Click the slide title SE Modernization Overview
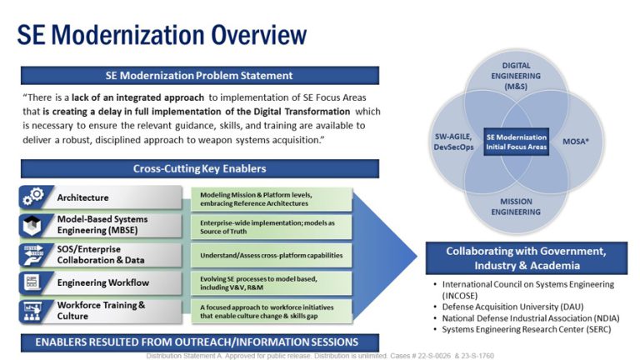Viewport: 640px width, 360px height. point(162,34)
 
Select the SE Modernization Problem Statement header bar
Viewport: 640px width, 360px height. point(199,76)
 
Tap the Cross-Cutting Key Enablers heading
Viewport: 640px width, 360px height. point(199,169)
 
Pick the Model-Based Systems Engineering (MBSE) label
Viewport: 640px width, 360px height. point(102,225)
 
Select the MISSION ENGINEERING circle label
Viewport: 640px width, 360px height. point(517,207)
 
